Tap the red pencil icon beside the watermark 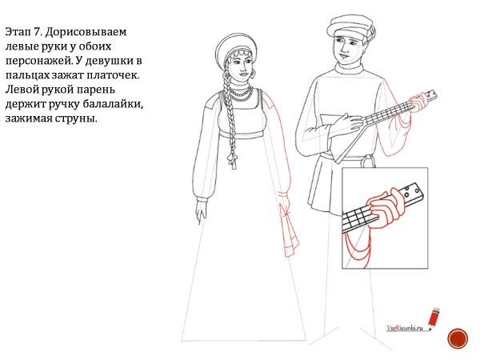(x=434, y=318)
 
